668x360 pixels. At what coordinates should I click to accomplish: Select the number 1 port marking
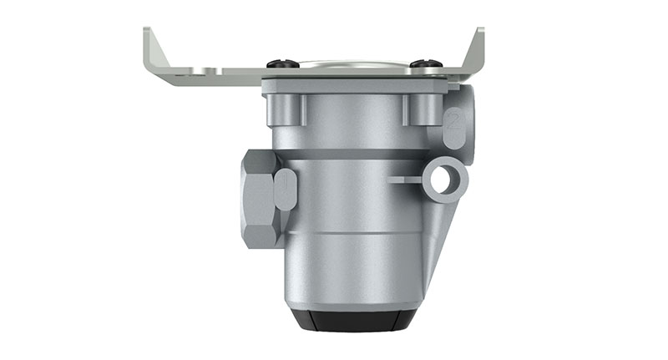click(x=285, y=188)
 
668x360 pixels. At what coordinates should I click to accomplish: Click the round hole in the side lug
click(x=444, y=178)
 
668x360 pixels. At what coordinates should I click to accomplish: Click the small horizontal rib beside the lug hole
click(x=404, y=178)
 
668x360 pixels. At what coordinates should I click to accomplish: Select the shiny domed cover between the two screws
click(x=351, y=62)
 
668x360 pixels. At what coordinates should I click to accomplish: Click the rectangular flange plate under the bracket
click(x=359, y=86)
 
